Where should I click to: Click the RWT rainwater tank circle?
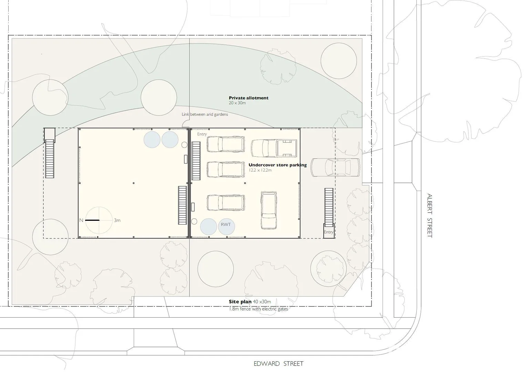(x=226, y=226)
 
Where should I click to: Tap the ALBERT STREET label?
(x=430, y=215)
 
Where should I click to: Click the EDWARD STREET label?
(x=278, y=364)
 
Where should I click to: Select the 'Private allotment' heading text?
(x=248, y=98)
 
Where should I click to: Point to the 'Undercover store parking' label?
(x=277, y=165)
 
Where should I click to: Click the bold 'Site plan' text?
(x=240, y=302)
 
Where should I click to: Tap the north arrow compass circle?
(x=99, y=220)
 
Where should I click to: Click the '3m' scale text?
(x=117, y=220)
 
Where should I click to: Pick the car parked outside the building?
(x=335, y=167)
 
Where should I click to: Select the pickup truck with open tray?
(x=274, y=148)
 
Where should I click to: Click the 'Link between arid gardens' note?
(x=205, y=114)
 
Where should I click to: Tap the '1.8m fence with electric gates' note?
(x=258, y=309)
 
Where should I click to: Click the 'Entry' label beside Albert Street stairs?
(x=329, y=232)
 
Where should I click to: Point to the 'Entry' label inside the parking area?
(x=202, y=134)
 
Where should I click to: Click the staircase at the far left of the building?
(x=50, y=158)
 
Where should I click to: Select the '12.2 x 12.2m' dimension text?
(x=260, y=170)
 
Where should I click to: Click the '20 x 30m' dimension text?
(x=237, y=103)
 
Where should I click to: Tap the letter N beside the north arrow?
(x=81, y=220)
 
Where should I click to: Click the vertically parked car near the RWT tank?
(x=269, y=210)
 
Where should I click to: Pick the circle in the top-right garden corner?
(x=338, y=61)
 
